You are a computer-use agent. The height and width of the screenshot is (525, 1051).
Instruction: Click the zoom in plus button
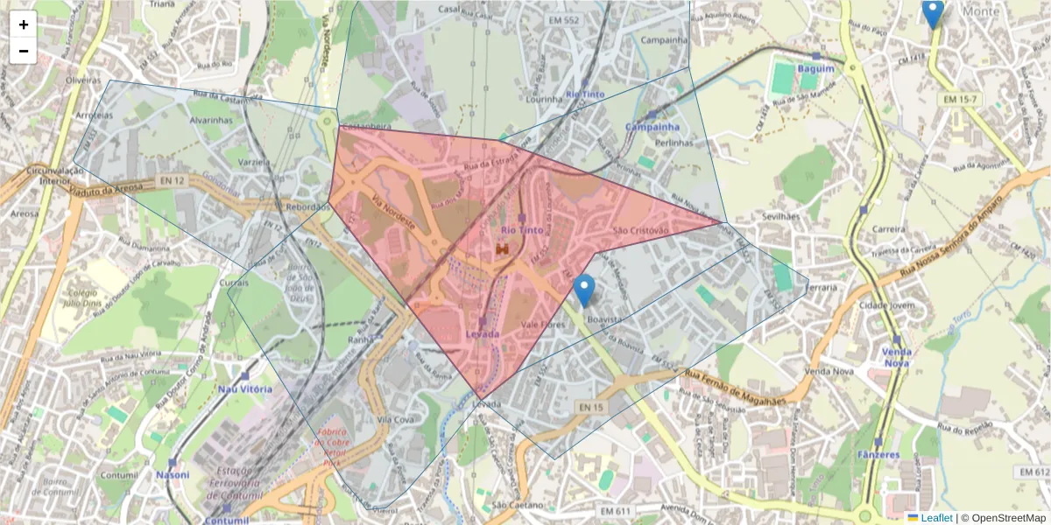click(x=24, y=24)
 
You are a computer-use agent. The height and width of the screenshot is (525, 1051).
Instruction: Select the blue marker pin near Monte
click(x=933, y=13)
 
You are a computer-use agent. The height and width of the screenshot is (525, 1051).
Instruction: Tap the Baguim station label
click(x=815, y=68)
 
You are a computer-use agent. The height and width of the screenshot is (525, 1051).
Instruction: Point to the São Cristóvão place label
click(x=641, y=230)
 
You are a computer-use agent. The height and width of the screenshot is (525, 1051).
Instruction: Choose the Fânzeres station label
click(x=878, y=455)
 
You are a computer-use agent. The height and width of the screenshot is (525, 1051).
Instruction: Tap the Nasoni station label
click(x=173, y=475)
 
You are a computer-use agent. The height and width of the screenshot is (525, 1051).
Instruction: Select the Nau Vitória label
click(x=244, y=388)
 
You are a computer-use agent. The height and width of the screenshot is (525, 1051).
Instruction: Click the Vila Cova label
click(x=395, y=420)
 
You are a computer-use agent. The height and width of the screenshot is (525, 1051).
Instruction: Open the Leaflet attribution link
click(x=936, y=518)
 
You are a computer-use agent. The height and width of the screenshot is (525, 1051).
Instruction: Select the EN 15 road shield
click(x=591, y=407)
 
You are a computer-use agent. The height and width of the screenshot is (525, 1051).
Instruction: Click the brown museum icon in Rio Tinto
click(x=503, y=250)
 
